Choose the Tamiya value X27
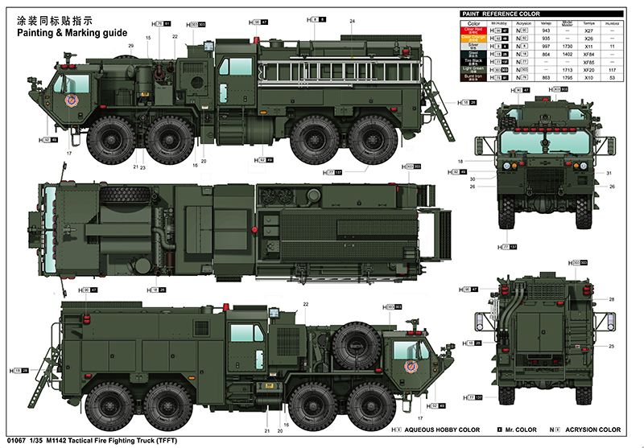pyautogui.click(x=588, y=31)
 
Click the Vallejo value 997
pyautogui.click(x=546, y=47)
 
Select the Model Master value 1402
pyautogui.click(x=566, y=54)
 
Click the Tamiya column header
pyautogui.click(x=588, y=23)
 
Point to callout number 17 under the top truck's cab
pyautogui.click(x=69, y=153)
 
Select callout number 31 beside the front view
pyautogui.click(x=610, y=173)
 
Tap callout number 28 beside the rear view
pyautogui.click(x=611, y=299)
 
